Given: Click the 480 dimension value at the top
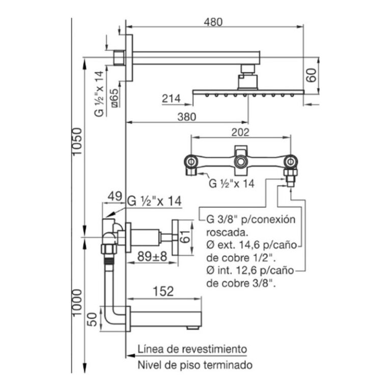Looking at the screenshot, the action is (x=213, y=22).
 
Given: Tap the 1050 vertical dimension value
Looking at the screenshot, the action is (x=77, y=141).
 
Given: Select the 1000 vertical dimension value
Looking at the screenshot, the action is (x=77, y=302).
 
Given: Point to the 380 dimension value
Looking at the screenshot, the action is (x=187, y=117).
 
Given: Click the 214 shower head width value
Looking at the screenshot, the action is (x=171, y=98).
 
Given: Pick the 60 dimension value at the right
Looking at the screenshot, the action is (x=312, y=75).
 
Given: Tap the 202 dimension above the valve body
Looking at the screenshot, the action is (x=240, y=132).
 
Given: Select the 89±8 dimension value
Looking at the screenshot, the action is (x=152, y=256).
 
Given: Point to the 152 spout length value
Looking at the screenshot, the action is (x=163, y=291).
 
